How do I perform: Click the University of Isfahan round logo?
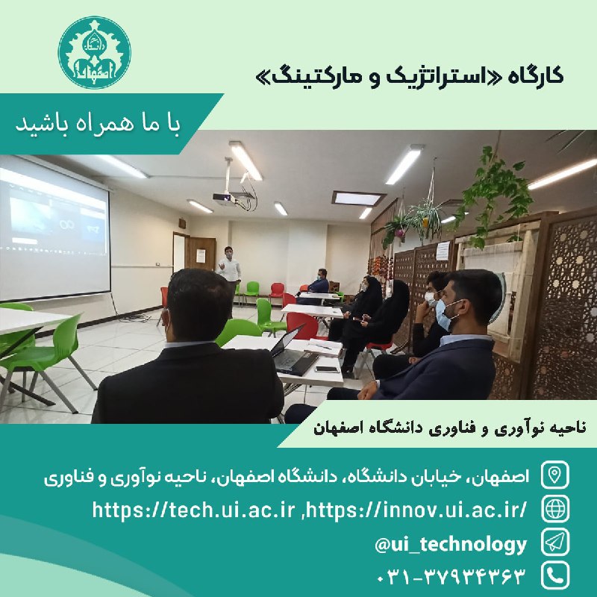pyautogui.click(x=95, y=52)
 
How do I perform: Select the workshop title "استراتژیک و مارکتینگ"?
pyautogui.click(x=382, y=77)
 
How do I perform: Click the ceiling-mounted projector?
pyautogui.click(x=225, y=198)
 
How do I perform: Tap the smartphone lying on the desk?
pyautogui.click(x=327, y=369)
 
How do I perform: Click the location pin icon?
pyautogui.click(x=554, y=475)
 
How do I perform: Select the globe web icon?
pyautogui.click(x=554, y=509)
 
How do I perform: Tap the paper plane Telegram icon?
pyautogui.click(x=554, y=543)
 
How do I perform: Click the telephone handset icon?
pyautogui.click(x=554, y=575)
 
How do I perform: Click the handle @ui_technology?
pyautogui.click(x=451, y=545)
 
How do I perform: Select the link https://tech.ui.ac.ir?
pyautogui.click(x=194, y=510)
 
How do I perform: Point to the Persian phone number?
pyautogui.click(x=451, y=576)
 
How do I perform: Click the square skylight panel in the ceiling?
pyautogui.click(x=358, y=199)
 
